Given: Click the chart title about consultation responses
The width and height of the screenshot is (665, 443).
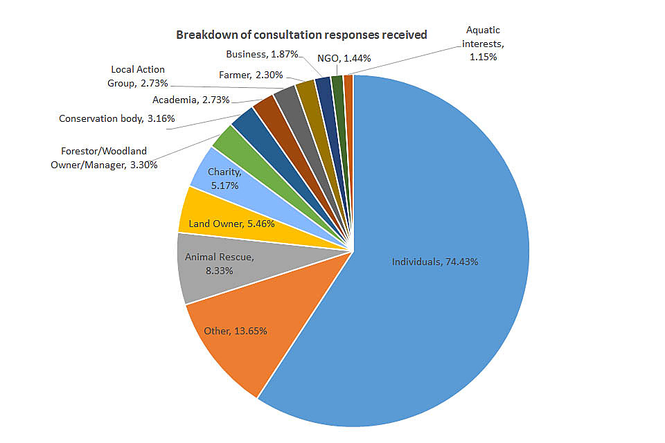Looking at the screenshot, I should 301,35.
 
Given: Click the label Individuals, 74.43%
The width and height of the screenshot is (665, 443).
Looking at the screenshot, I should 434,262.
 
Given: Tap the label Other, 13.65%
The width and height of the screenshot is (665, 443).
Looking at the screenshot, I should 236,331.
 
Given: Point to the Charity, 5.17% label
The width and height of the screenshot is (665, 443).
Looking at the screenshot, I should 225,179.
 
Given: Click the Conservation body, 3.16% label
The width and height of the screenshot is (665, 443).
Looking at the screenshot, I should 116,119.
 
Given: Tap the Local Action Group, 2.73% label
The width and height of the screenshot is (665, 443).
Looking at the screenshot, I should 138,77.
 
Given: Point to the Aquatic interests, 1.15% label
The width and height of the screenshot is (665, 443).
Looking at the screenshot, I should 482,43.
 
